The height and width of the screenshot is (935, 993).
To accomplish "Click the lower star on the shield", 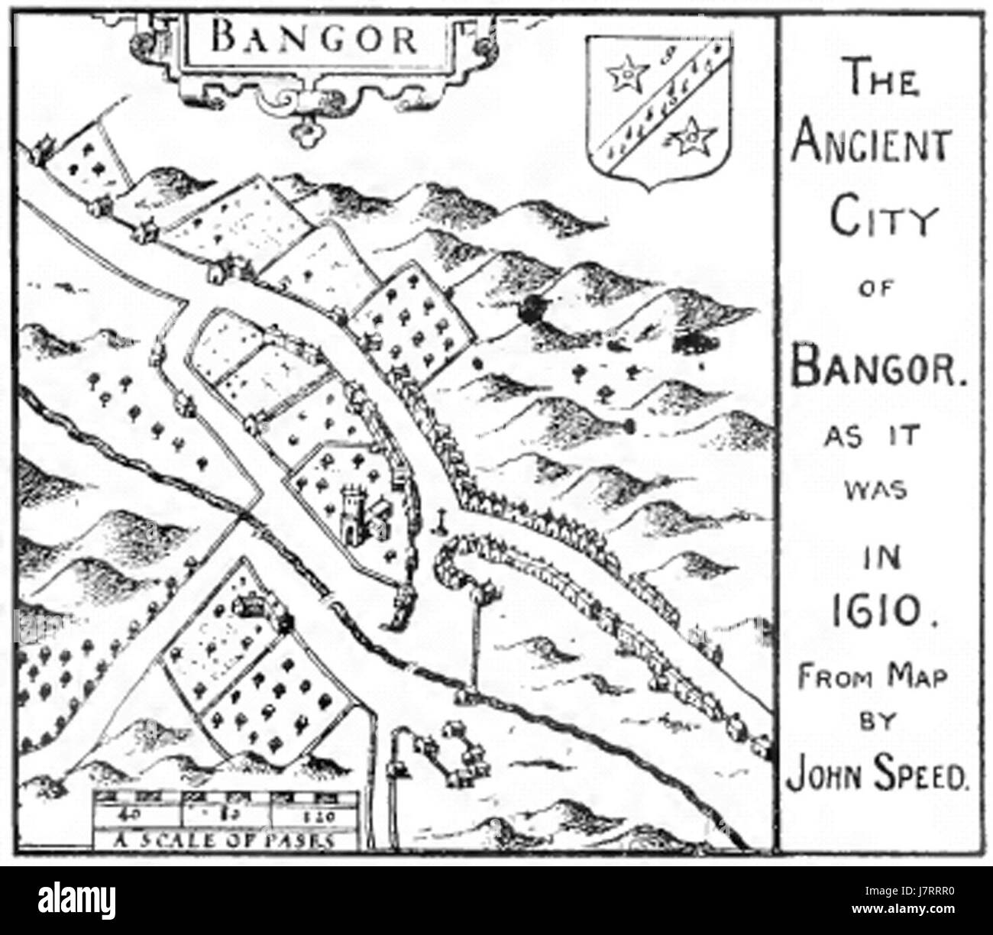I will click(x=693, y=137).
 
